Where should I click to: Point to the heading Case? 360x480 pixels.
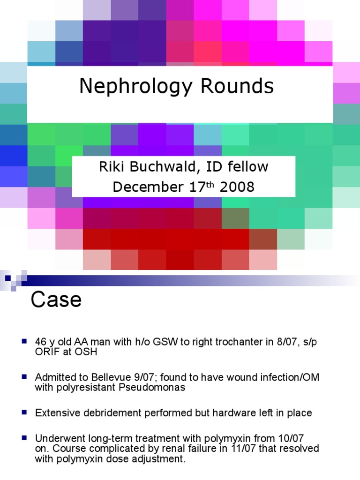click(x=56, y=300)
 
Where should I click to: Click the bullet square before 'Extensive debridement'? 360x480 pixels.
click(x=24, y=412)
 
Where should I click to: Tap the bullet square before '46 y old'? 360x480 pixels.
click(x=24, y=341)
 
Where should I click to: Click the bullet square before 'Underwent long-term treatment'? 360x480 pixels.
click(x=24, y=438)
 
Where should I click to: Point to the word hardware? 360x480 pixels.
click(x=233, y=413)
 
